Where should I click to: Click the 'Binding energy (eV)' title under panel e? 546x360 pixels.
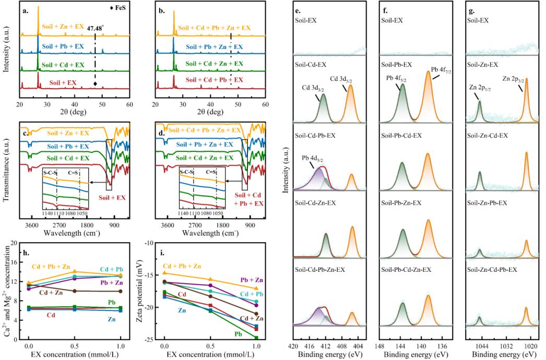[x=330, y=355]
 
